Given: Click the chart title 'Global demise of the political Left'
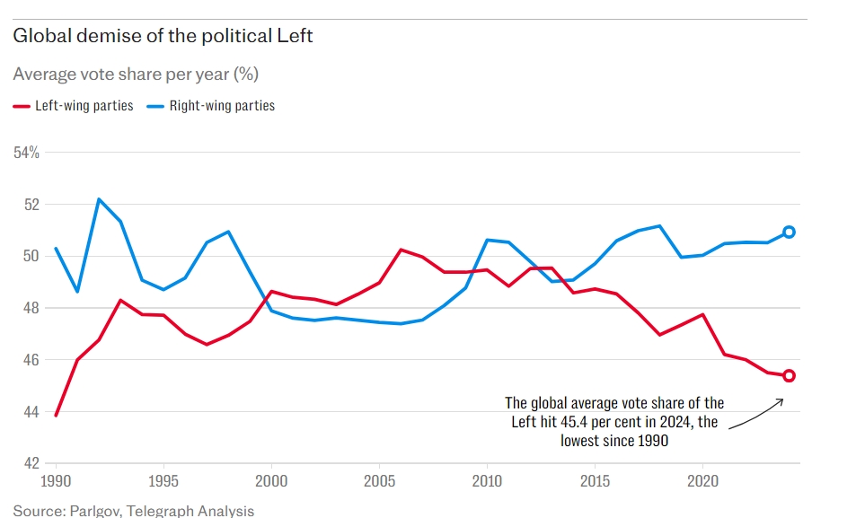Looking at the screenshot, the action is pos(163,36).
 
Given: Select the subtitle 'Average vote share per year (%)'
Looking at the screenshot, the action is pos(136,74).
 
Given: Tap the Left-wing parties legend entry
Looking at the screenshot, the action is pos(74,105).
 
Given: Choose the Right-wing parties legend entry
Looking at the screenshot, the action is pos(211,105).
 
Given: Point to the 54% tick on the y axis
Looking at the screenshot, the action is pos(26,153).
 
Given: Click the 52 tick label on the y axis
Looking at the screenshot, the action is pos(32,205).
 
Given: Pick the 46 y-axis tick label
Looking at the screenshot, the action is pos(32,360).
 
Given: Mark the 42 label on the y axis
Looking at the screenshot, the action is pos(32,463).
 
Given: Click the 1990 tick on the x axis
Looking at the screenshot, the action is pos(56,481).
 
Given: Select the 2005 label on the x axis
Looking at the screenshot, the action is pos(380,481).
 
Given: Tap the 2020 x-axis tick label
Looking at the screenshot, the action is pos(702,481).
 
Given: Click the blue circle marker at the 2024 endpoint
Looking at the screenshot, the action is pos(789,233).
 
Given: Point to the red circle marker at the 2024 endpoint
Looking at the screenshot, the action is pos(789,375).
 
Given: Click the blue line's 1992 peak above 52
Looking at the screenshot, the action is pos(99,199).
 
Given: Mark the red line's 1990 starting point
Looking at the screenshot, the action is pos(56,415).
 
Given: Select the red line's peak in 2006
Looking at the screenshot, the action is pos(401,250).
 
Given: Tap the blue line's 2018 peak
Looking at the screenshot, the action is pos(660,225).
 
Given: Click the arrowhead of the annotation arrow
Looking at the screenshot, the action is pos(781,401).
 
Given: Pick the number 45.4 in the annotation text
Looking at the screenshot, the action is pos(574,422).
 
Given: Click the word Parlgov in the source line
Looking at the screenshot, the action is pos(94,511).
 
